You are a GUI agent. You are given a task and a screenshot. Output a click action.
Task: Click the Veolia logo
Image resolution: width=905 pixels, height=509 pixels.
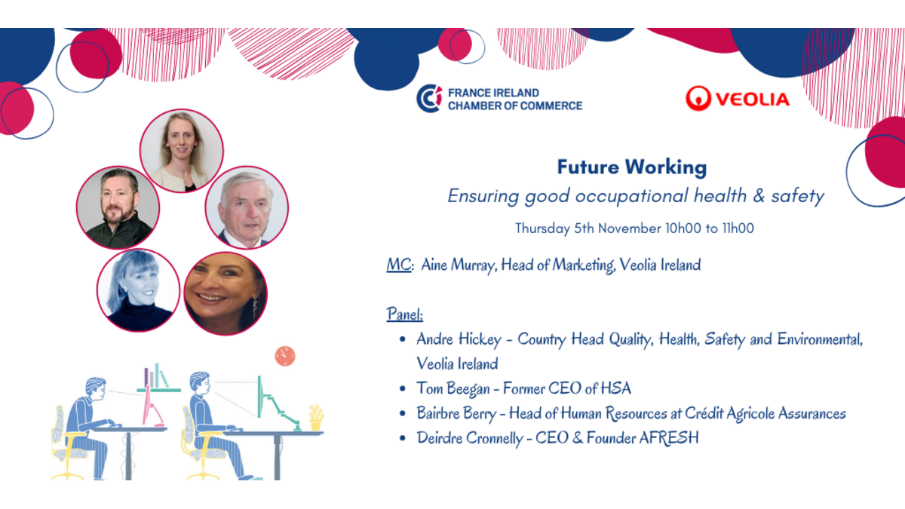coord(738,98)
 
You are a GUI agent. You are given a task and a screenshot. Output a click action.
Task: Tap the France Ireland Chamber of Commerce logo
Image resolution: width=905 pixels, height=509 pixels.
coord(499,99)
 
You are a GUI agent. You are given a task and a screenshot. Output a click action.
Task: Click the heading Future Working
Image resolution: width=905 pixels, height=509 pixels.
coord(632,167)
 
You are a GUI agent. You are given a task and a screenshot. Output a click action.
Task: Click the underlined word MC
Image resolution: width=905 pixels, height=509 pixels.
coord(398,265)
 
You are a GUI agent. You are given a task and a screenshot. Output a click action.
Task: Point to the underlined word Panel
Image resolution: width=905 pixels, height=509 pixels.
coord(404,314)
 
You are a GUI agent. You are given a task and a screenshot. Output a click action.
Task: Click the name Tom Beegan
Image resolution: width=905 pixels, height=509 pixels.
coord(453,388)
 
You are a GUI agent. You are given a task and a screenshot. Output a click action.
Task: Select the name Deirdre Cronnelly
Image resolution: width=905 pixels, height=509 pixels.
coord(470,438)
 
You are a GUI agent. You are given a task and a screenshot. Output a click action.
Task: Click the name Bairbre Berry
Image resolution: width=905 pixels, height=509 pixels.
coord(456,413)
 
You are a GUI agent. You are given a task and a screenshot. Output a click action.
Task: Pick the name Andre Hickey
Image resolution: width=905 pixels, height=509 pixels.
coord(459,339)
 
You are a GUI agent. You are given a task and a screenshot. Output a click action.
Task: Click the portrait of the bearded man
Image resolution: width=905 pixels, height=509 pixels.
coord(118,207)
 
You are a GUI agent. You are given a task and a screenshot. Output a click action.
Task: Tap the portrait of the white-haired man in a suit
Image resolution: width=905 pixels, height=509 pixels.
coord(247,207)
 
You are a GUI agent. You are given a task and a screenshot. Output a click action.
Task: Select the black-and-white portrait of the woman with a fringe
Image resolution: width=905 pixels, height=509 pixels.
coord(138,290)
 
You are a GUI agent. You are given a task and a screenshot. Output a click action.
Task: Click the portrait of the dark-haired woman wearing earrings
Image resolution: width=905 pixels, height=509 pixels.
coord(225,293)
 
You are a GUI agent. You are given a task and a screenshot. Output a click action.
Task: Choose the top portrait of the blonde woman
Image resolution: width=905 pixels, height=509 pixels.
coord(182,150)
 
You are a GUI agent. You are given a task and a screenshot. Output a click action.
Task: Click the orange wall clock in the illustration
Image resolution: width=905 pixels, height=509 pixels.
coord(285,356)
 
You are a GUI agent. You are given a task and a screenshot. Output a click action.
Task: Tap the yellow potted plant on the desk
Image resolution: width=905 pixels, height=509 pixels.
coord(316,418)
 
